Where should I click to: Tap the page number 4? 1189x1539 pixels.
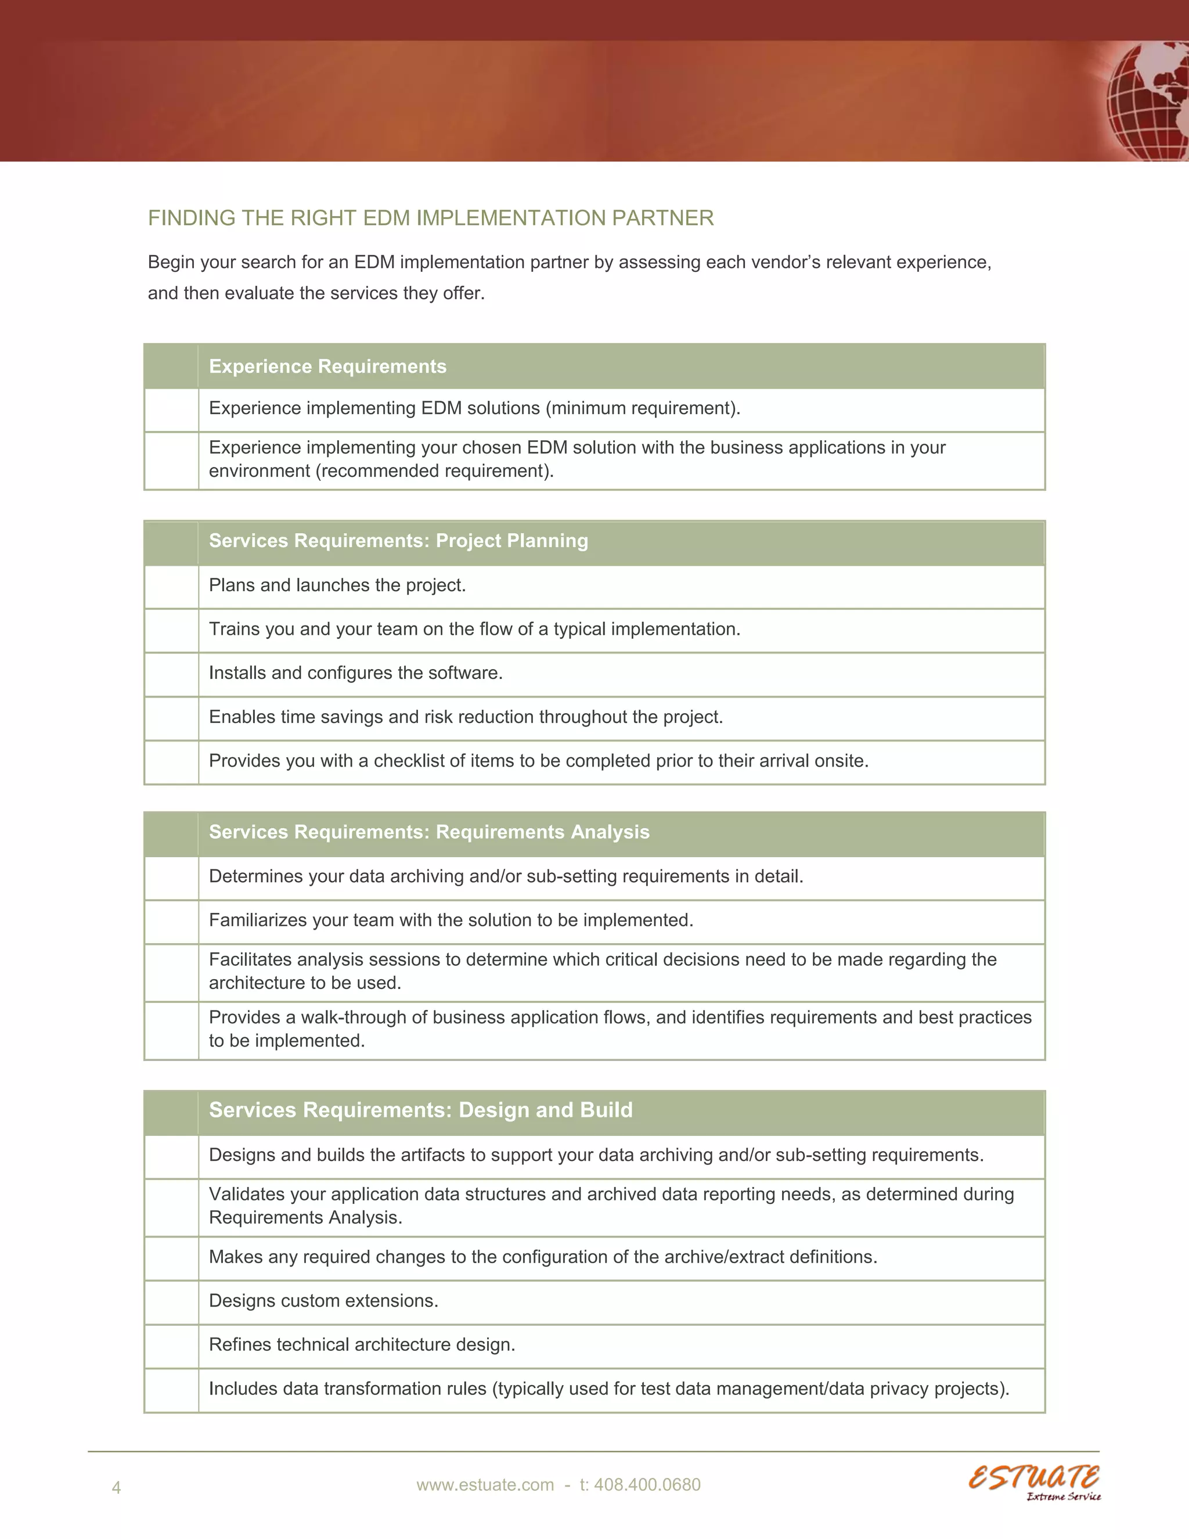(x=116, y=1487)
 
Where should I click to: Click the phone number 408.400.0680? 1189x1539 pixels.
(x=647, y=1485)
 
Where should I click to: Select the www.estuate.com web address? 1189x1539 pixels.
(x=485, y=1485)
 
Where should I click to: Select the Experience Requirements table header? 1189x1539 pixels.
(x=327, y=366)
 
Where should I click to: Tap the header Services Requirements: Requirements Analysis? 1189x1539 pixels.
(x=429, y=832)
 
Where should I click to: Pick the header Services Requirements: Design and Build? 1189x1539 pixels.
(x=420, y=1110)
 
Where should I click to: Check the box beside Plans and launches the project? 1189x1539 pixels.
(x=171, y=587)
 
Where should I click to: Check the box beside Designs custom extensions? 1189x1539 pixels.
(x=171, y=1301)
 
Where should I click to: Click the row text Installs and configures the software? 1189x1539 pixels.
(x=356, y=673)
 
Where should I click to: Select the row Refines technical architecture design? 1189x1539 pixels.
(x=362, y=1344)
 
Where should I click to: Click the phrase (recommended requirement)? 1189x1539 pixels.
(x=435, y=471)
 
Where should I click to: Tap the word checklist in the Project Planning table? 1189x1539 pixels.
(x=409, y=761)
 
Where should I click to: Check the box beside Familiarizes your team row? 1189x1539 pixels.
(x=171, y=921)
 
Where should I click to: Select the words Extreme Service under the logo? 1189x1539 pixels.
(x=1063, y=1497)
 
